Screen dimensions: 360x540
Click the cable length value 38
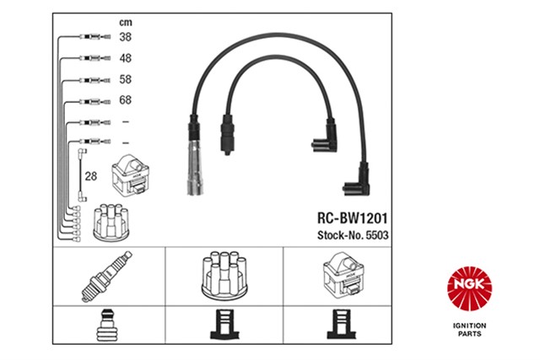click(125, 37)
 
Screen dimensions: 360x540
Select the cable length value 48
click(125, 59)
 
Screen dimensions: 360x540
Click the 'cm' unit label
click(124, 21)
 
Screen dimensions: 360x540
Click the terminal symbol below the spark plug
click(107, 325)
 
